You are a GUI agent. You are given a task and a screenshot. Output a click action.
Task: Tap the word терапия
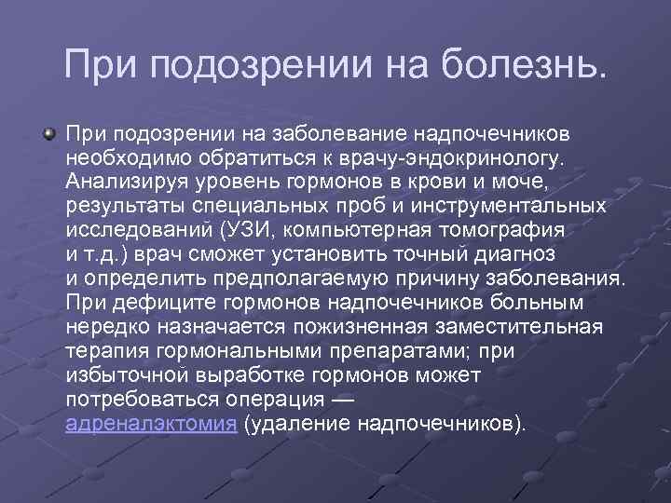[x=105, y=351]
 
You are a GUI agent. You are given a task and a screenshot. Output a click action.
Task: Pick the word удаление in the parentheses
[x=295, y=424]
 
